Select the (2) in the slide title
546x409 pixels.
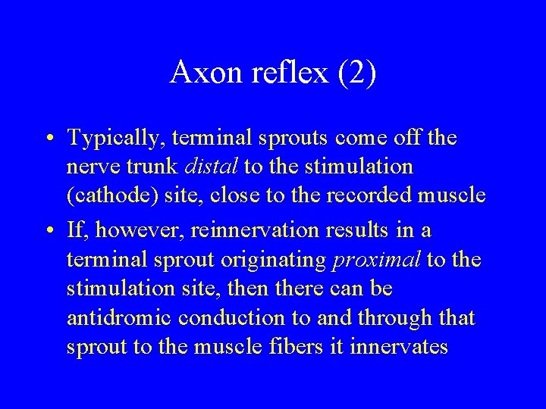pos(357,73)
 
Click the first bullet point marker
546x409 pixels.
pos(49,138)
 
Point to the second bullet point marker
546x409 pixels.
pos(49,229)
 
